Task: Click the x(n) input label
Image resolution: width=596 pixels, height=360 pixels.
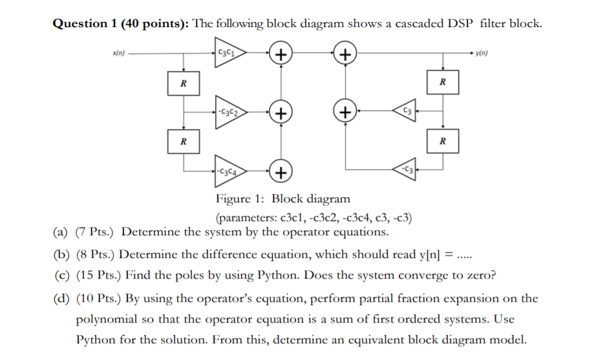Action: (x=118, y=53)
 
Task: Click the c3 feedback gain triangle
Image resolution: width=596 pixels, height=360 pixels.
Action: (x=405, y=111)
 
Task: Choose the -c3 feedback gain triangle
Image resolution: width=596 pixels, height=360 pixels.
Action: (x=405, y=169)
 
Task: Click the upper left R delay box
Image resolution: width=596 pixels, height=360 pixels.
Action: (x=184, y=83)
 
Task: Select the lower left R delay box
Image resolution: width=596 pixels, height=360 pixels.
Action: (x=184, y=142)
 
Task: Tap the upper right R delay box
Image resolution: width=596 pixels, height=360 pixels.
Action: (x=443, y=82)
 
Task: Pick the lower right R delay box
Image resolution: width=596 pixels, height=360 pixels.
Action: (x=443, y=141)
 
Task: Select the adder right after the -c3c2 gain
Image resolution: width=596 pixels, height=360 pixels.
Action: (x=281, y=112)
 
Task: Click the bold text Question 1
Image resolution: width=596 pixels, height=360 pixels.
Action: (x=85, y=24)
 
